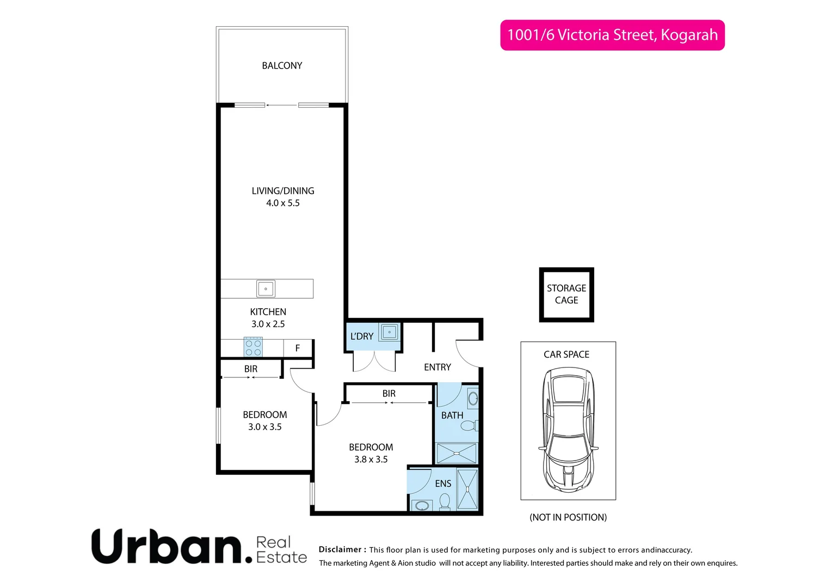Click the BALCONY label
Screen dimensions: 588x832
(282, 65)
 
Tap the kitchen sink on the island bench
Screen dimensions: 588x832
(266, 289)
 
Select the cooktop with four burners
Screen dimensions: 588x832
(253, 347)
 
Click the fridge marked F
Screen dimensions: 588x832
(298, 348)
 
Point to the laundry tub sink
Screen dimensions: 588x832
(389, 332)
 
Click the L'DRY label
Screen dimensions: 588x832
(362, 336)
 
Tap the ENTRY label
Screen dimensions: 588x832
(437, 367)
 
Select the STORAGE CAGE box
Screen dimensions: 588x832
(566, 295)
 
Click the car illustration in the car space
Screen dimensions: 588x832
(568, 429)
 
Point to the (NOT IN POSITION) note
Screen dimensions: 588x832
(568, 517)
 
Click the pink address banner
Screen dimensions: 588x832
(612, 35)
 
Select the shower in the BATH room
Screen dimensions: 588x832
(457, 453)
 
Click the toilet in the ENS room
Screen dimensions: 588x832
(445, 501)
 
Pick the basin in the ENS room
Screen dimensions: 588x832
(421, 506)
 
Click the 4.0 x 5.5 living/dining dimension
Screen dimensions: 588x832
(282, 203)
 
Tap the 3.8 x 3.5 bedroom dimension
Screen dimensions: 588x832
(371, 460)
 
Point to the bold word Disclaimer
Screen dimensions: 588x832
(342, 550)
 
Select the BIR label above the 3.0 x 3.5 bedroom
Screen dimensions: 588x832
(251, 369)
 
